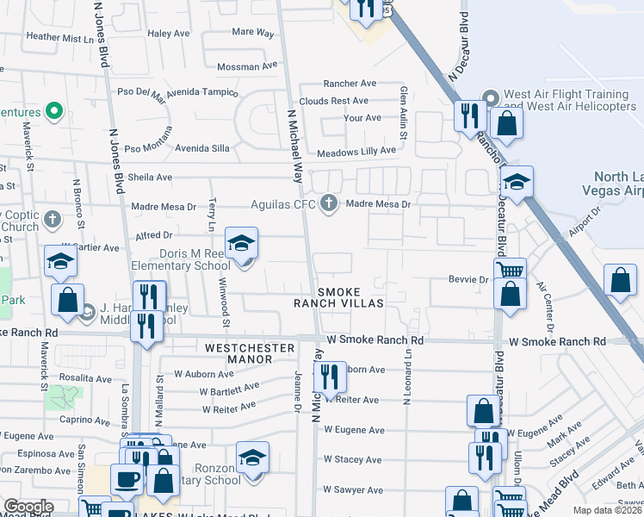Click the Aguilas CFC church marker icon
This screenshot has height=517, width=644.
[328, 204]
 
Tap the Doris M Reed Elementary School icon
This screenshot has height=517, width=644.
[242, 244]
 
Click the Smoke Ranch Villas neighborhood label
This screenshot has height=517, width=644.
[350, 297]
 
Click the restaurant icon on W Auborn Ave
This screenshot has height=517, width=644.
[329, 376]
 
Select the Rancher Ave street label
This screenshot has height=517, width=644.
[350, 84]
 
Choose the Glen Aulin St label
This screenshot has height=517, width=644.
[402, 103]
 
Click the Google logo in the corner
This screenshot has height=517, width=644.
[28, 507]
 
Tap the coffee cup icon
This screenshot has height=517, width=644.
[127, 478]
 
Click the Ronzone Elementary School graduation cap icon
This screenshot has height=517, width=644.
[253, 458]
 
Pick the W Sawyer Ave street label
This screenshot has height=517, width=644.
[352, 489]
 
